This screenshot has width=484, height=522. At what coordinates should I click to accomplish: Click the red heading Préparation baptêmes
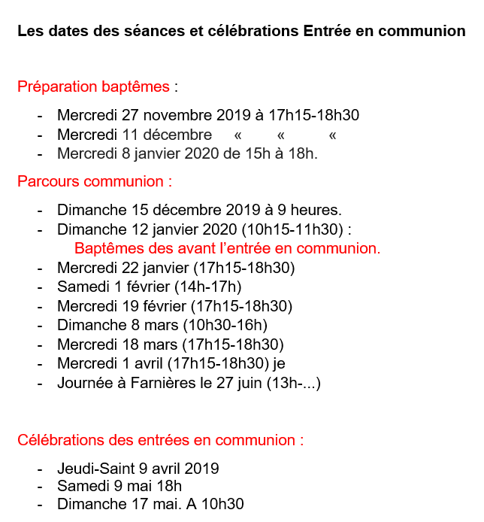pos(93,86)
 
